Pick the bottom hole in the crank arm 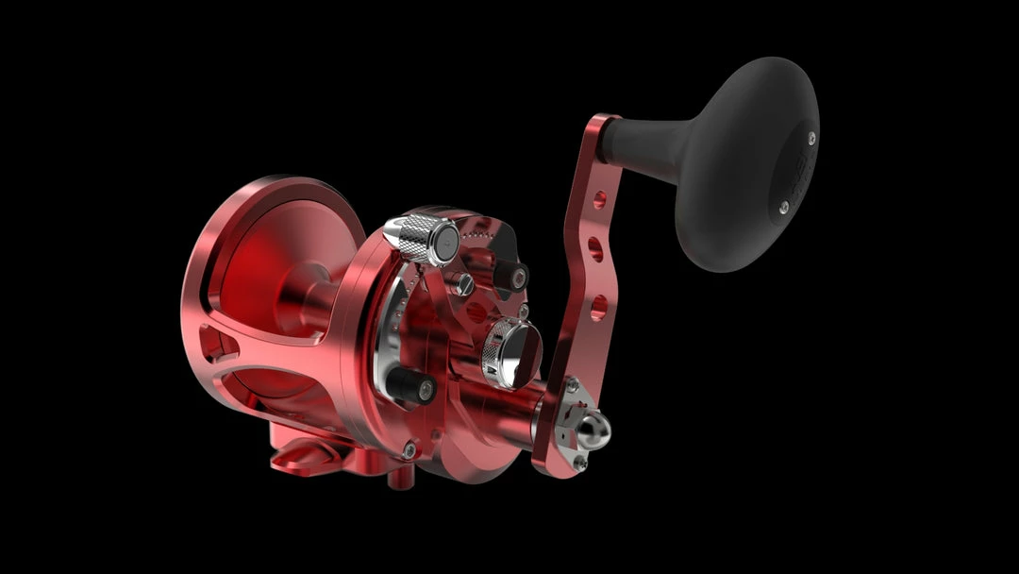pyautogui.click(x=596, y=305)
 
